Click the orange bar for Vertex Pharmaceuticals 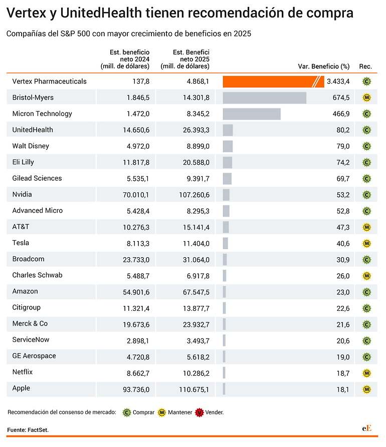[273, 81]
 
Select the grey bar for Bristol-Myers [265, 98]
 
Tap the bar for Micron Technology [252, 114]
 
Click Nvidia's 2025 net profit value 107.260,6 [194, 195]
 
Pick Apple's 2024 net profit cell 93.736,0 [136, 389]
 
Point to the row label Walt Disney [31, 146]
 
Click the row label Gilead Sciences [37, 178]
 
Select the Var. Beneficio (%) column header [324, 66]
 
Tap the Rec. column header [365, 66]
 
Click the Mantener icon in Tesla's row [366, 244]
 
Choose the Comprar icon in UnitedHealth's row [366, 130]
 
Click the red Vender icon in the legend [200, 412]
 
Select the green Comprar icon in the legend [127, 412]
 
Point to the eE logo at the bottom [366, 428]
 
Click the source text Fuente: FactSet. [28, 430]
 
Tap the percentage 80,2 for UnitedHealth [343, 130]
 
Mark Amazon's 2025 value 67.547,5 [196, 292]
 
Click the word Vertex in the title [26, 13]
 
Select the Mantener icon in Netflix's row [366, 374]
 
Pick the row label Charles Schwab [37, 275]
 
